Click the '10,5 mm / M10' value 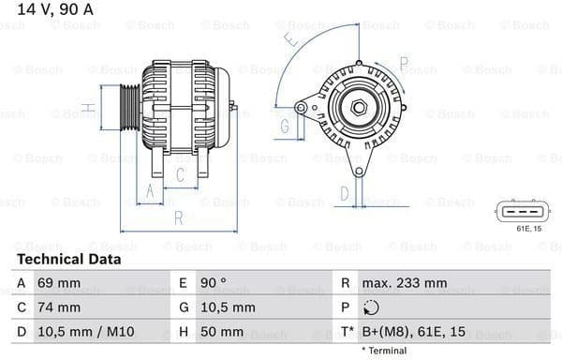(81, 331)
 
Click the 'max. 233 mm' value (407, 282)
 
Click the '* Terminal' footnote (381, 351)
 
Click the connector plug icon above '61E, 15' (516, 210)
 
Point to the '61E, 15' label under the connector (516, 227)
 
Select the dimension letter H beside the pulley (86, 108)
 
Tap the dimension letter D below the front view (344, 194)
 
